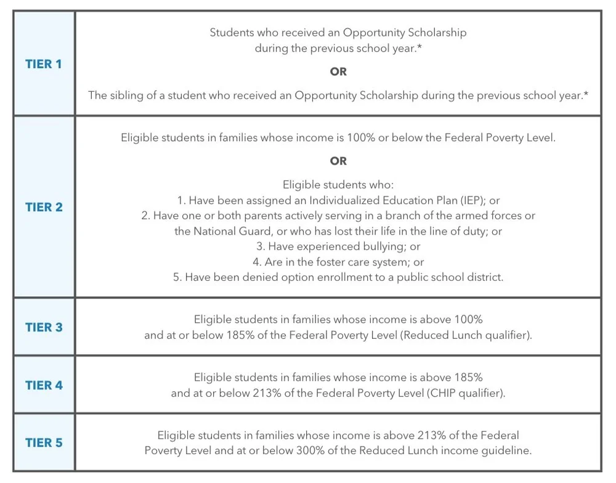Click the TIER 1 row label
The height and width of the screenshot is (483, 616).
[44, 64]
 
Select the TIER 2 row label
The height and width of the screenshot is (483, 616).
[44, 207]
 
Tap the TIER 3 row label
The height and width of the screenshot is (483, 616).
[44, 327]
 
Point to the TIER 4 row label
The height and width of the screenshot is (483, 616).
[44, 385]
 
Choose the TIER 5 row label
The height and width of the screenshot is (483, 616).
[44, 442]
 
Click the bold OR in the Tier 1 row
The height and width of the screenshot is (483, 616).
[338, 72]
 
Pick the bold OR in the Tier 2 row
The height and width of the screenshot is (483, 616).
[338, 161]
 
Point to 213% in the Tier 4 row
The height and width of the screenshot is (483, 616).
[267, 393]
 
